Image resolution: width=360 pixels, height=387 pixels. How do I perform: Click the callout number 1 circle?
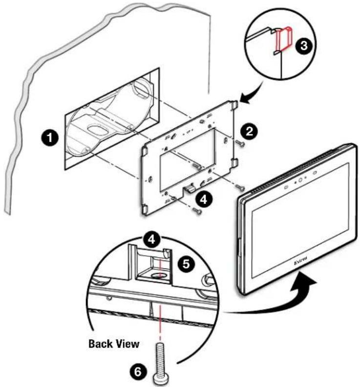pyautogui.click(x=50, y=138)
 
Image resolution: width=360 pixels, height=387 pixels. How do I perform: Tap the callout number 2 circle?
pyautogui.click(x=250, y=131)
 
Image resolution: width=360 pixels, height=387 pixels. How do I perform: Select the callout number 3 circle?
pyautogui.click(x=303, y=46)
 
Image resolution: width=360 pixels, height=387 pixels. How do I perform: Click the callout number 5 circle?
pyautogui.click(x=186, y=264)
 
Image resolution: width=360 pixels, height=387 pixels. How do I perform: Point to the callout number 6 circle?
pyautogui.click(x=137, y=372)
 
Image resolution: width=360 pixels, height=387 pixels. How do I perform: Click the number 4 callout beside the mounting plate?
pyautogui.click(x=203, y=200)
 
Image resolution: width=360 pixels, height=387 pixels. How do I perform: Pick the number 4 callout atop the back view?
pyautogui.click(x=151, y=239)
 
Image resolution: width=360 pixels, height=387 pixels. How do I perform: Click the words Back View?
pyautogui.click(x=114, y=344)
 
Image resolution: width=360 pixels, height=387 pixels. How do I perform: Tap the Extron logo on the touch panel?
pyautogui.click(x=301, y=260)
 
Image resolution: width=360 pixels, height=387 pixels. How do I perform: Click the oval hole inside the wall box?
pyautogui.click(x=97, y=129)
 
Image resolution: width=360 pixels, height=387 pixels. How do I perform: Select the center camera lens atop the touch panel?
pyautogui.click(x=300, y=181)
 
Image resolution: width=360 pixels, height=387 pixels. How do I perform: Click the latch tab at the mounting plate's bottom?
pyautogui.click(x=191, y=188)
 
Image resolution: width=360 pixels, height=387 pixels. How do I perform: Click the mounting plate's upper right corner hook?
pyautogui.click(x=235, y=105)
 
